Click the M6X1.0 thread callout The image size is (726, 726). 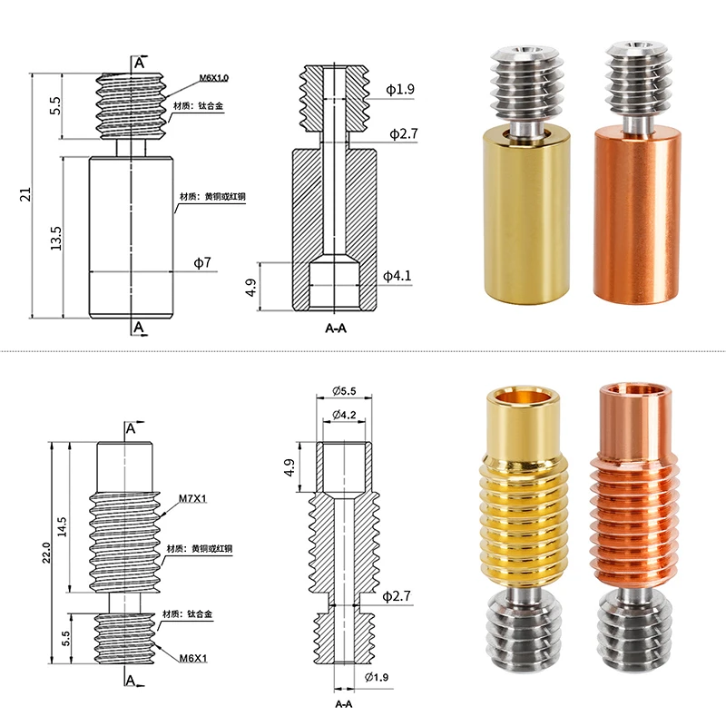(x=214, y=78)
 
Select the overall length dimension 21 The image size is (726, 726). (x=25, y=194)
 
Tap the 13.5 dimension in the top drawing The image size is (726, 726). (x=56, y=239)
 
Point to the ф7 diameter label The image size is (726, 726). (x=202, y=263)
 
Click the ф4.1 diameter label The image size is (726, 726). (x=397, y=276)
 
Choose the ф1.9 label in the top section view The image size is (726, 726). (x=400, y=89)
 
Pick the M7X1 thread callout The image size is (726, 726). (x=192, y=498)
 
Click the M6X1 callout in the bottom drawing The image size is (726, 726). (x=193, y=658)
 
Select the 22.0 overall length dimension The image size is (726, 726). (x=46, y=553)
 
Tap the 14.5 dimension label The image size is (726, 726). (x=62, y=527)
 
